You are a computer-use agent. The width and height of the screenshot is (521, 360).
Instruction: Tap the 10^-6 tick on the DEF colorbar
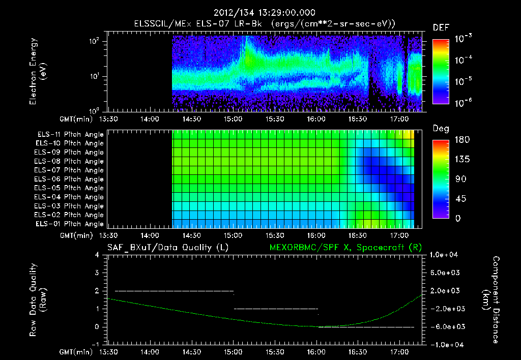pyautogui.click(x=464, y=102)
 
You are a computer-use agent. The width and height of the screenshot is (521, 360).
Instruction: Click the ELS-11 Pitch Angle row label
pyautogui.click(x=70, y=134)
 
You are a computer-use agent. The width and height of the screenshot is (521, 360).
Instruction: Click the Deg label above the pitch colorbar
pyautogui.click(x=441, y=129)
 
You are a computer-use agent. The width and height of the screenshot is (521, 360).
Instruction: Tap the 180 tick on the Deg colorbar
pyautogui.click(x=459, y=140)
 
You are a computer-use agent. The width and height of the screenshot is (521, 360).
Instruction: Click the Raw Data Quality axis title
pyautogui.click(x=38, y=300)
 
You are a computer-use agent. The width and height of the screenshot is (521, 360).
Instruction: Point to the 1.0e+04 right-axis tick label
pyautogui.click(x=446, y=255)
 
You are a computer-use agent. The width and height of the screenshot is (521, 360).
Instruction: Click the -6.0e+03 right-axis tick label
pyautogui.click(x=446, y=326)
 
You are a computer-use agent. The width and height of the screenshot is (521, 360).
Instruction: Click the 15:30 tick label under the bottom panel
pyautogui.click(x=275, y=352)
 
